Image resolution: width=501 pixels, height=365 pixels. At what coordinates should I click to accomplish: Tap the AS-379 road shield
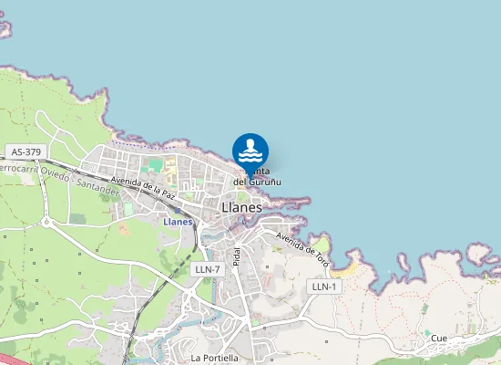tap(25, 151)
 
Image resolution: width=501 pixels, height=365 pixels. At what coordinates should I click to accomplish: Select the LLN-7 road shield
tap(208, 269)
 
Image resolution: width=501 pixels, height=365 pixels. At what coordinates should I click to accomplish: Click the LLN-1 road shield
tap(324, 287)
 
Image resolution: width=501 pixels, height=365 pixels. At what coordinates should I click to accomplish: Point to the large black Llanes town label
tap(241, 208)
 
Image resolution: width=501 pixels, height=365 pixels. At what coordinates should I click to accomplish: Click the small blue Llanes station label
tap(177, 222)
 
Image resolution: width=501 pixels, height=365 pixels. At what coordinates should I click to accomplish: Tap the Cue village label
tap(439, 338)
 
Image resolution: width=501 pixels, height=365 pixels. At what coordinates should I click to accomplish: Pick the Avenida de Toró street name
tap(302, 244)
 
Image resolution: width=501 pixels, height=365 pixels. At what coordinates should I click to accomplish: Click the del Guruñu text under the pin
tap(257, 182)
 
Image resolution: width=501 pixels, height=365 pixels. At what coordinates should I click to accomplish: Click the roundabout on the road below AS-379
tap(46, 221)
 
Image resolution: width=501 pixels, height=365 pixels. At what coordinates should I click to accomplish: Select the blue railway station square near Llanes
tap(178, 210)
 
